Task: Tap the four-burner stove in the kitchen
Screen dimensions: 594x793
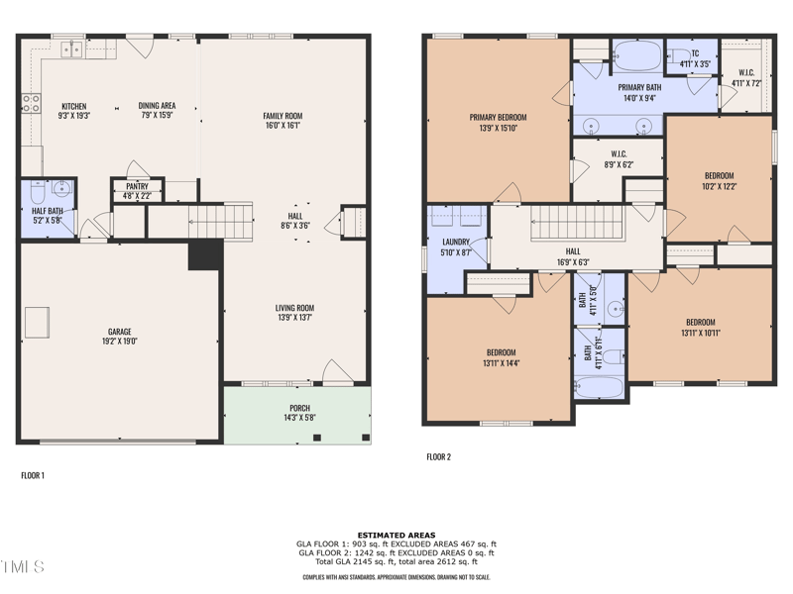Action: coord(31,103)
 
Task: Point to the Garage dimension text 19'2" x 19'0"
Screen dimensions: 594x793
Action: coord(120,341)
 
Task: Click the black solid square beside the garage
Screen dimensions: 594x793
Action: coord(204,254)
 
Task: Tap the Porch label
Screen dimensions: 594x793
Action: coord(299,408)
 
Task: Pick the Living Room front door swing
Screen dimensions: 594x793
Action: coord(337,372)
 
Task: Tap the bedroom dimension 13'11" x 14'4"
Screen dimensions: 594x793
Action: coord(500,361)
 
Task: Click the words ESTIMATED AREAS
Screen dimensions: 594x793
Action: coord(396,535)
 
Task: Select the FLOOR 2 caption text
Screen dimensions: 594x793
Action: coord(438,456)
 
